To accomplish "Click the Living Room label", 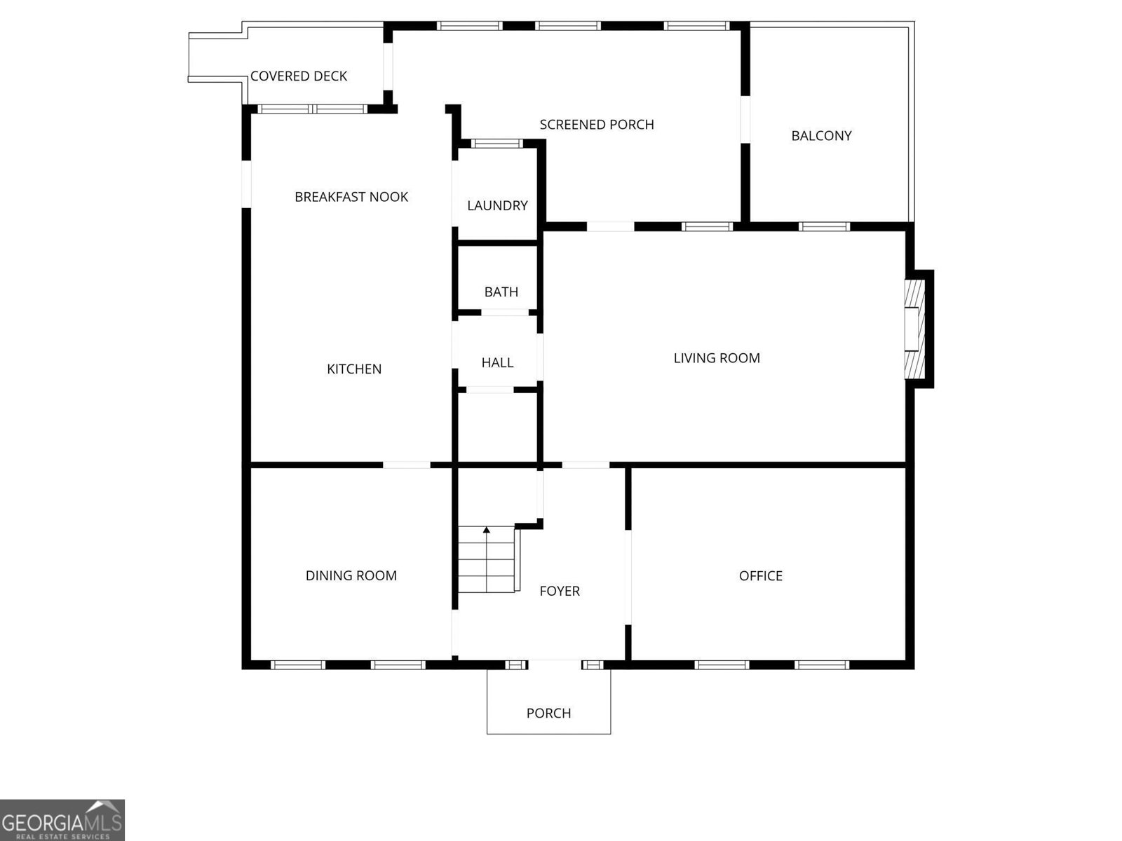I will click(x=717, y=358).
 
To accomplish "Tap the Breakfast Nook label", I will click(x=351, y=197).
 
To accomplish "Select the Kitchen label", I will click(x=354, y=369).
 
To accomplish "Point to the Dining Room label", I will click(x=351, y=575).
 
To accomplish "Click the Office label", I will click(x=761, y=575).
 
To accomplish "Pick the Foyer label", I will click(x=560, y=591).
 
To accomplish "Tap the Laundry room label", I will click(x=497, y=205).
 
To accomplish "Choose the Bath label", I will click(x=501, y=292).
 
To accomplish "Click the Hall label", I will click(x=497, y=362).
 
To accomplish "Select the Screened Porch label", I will click(x=597, y=125).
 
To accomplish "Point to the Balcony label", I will click(x=821, y=136).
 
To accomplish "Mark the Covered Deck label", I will click(x=299, y=76).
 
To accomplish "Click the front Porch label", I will click(x=549, y=713).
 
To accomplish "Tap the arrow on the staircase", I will click(x=487, y=531).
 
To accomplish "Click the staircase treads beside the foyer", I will click(x=487, y=564).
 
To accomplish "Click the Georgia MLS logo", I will click(x=62, y=819).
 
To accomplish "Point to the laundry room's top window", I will click(x=497, y=144).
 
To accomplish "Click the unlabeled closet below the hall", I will click(x=497, y=426).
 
